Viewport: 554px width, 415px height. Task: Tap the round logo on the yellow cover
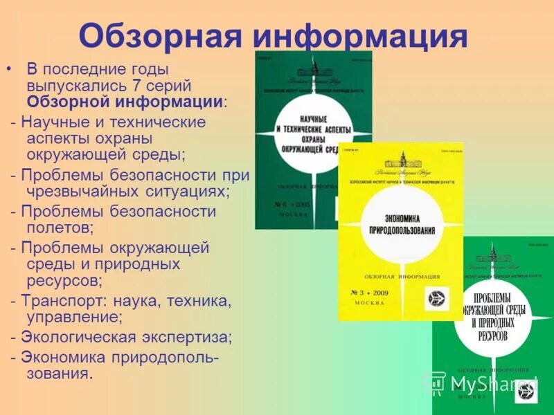[x=438, y=298]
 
